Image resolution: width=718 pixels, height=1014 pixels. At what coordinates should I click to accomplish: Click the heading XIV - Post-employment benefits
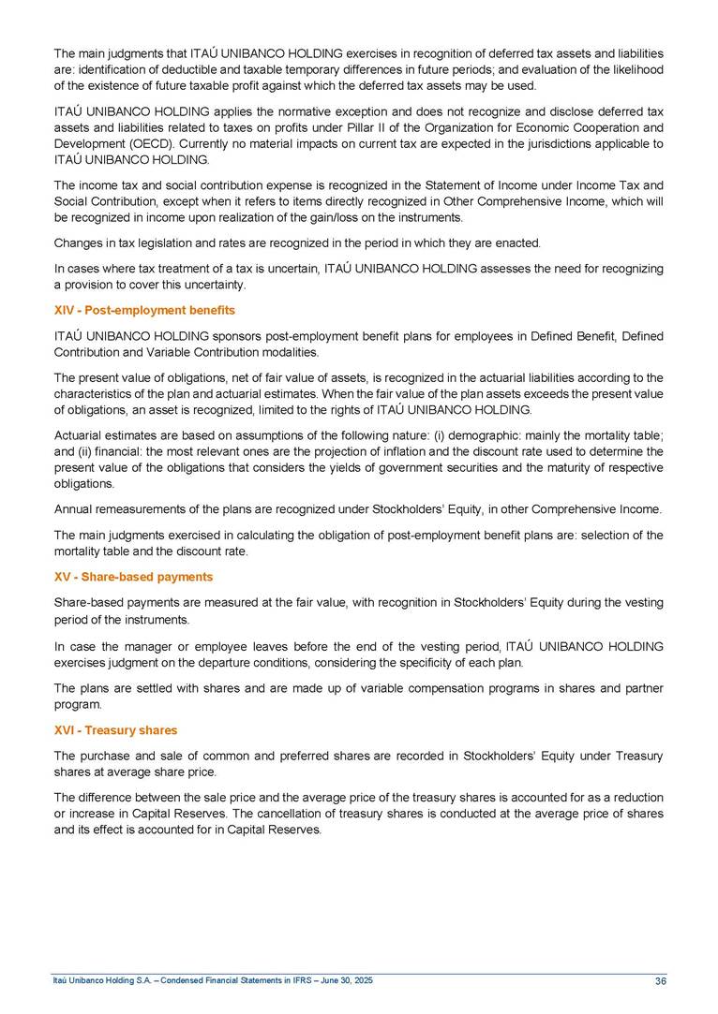(144, 310)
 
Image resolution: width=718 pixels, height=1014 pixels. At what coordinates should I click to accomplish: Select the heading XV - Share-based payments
(133, 577)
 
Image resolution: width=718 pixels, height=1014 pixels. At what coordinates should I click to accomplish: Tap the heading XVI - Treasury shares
(115, 730)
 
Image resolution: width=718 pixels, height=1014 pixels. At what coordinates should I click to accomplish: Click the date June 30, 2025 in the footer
(341, 980)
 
